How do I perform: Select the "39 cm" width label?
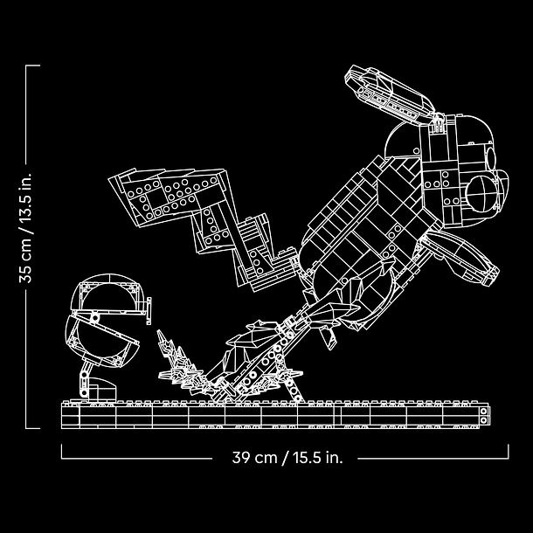pyautogui.click(x=254, y=458)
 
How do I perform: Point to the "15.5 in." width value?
pyautogui.click(x=318, y=458)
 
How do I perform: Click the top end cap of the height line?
pyautogui.click(x=32, y=66)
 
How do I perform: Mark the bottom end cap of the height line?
pyautogui.click(x=32, y=428)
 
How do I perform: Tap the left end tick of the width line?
pyautogui.click(x=61, y=452)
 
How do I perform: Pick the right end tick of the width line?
pyautogui.click(x=509, y=452)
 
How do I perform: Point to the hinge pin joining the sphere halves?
pyautogui.click(x=95, y=319)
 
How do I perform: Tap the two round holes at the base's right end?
pyautogui.click(x=484, y=416)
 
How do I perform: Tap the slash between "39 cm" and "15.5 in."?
pyautogui.click(x=285, y=458)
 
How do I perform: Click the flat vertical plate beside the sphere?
pyautogui.click(x=149, y=311)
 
